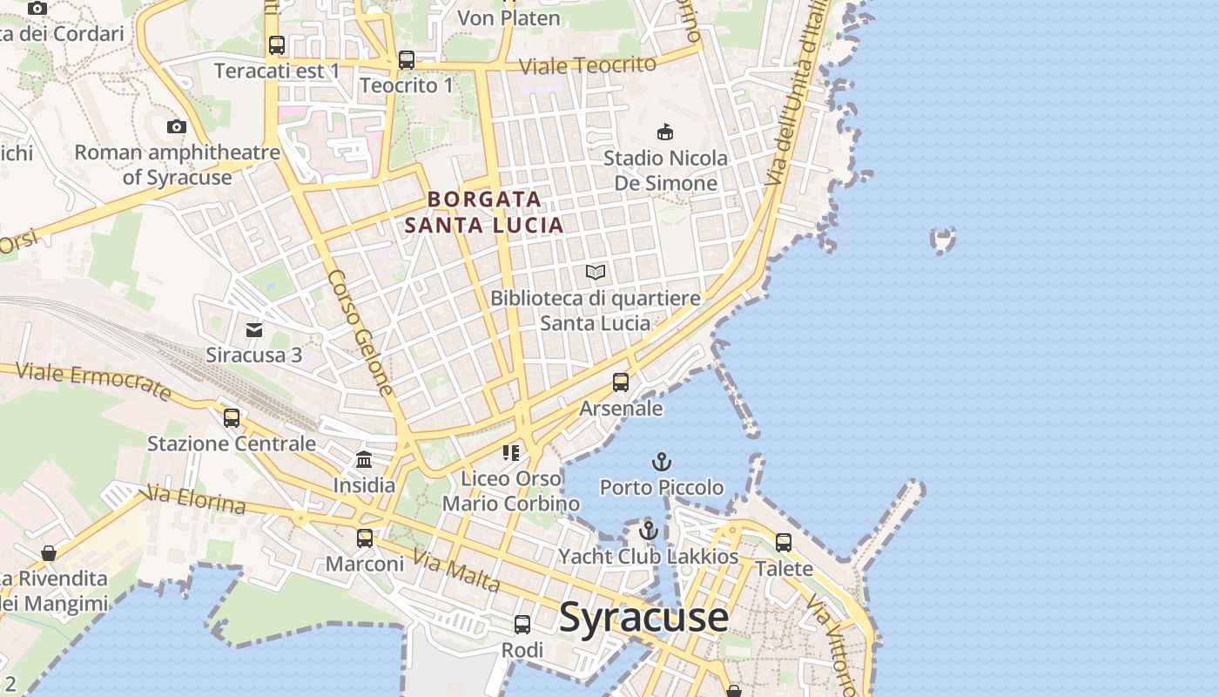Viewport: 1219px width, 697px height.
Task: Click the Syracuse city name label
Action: tap(643, 618)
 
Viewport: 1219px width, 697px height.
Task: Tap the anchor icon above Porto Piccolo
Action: tap(662, 461)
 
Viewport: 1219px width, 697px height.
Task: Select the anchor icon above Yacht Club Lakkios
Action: tap(648, 530)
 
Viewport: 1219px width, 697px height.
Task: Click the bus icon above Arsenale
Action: tap(621, 382)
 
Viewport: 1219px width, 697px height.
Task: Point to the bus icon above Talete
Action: tap(784, 542)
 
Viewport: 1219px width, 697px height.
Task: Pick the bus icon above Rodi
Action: tap(522, 624)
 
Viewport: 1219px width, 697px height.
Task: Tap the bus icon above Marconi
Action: tap(365, 538)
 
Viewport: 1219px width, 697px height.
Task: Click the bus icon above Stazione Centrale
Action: tap(232, 417)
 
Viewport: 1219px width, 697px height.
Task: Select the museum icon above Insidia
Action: tap(364, 459)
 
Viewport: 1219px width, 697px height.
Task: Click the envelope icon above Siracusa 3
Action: tap(254, 329)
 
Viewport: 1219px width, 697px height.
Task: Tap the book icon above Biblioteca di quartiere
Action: tap(596, 273)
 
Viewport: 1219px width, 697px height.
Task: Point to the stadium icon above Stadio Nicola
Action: tap(665, 132)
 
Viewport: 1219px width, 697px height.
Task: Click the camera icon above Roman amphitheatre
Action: tap(177, 127)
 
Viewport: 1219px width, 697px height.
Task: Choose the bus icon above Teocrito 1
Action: tap(407, 60)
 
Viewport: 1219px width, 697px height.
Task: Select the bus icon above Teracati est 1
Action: tap(277, 45)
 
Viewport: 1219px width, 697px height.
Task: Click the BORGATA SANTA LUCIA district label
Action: tap(484, 212)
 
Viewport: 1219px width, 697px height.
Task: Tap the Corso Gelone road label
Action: tap(360, 333)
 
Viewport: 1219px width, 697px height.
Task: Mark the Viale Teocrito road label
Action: tap(588, 65)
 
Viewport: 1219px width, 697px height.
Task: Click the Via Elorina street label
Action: tap(197, 500)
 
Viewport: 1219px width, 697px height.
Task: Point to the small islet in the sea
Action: tap(942, 239)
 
